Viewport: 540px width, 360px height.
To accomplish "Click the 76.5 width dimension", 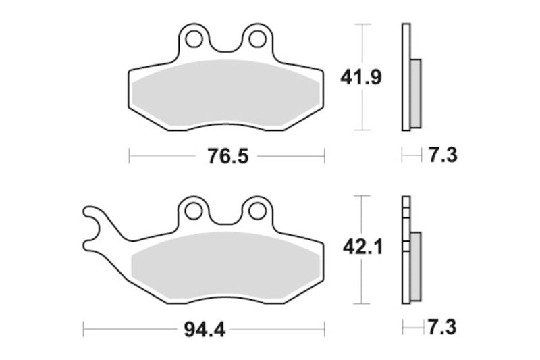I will pyautogui.click(x=224, y=157).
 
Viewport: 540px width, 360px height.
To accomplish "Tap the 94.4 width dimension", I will pyautogui.click(x=202, y=330).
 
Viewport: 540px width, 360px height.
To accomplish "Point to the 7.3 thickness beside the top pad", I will pyautogui.click(x=442, y=155).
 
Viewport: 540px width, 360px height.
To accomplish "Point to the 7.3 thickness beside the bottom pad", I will pyautogui.click(x=442, y=328).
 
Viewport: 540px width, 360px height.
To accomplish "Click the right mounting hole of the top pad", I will pyautogui.click(x=256, y=39).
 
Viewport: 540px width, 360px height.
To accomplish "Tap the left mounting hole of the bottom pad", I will pyautogui.click(x=194, y=211).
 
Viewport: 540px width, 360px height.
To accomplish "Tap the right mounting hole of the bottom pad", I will pyautogui.click(x=256, y=211).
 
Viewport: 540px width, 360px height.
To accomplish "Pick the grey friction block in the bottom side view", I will pyautogui.click(x=415, y=265).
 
